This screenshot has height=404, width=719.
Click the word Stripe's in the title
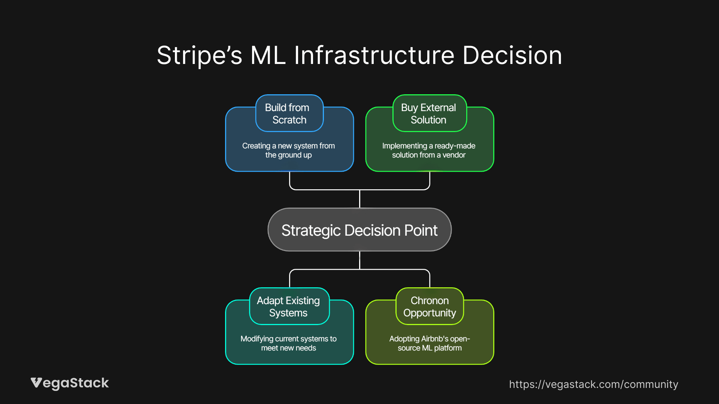tap(199, 55)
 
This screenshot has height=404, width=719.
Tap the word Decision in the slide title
tap(512, 55)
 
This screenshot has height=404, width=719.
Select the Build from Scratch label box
tap(289, 113)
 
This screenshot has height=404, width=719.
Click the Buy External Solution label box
tap(429, 113)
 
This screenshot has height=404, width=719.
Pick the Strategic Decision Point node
tap(359, 230)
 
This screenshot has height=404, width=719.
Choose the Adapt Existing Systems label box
tap(289, 306)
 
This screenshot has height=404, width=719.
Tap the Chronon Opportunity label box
tap(430, 306)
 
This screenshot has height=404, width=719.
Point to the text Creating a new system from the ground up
tap(288, 150)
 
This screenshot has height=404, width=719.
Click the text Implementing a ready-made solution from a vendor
tap(429, 150)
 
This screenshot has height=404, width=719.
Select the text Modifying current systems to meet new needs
tap(288, 343)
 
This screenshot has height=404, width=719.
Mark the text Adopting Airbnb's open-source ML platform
tap(430, 343)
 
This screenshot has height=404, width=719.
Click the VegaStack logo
tap(70, 383)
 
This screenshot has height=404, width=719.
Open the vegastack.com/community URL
tap(594, 384)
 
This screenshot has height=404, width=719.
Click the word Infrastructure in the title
tap(374, 55)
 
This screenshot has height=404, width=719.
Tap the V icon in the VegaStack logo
tap(36, 382)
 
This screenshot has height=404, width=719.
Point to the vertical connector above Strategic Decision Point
tap(359, 199)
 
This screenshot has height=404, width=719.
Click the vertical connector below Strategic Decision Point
tap(359, 260)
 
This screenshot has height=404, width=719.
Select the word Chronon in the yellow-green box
tap(430, 300)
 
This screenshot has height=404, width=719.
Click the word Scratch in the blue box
tap(289, 120)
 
